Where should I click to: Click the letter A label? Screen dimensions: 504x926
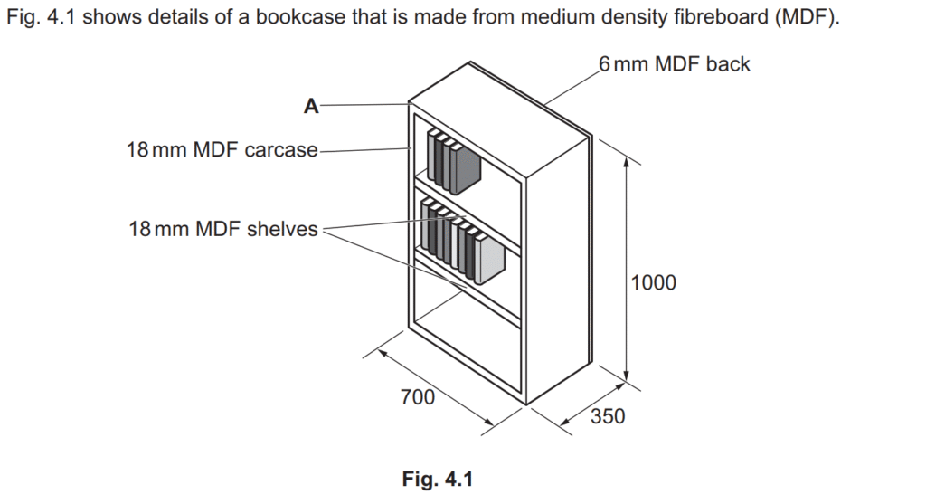pos(311,107)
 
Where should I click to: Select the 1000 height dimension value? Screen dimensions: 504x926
pos(653,282)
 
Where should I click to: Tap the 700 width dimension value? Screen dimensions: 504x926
pos(418,396)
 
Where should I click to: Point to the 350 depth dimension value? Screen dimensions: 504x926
pos(607,417)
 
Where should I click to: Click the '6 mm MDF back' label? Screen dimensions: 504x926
pos(674,64)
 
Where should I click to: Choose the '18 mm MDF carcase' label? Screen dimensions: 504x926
pos(222,149)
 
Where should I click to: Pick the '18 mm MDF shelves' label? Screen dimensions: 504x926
pos(223,229)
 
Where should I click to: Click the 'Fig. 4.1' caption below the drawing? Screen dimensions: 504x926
pos(438,479)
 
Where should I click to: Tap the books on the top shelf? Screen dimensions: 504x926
pos(452,163)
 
